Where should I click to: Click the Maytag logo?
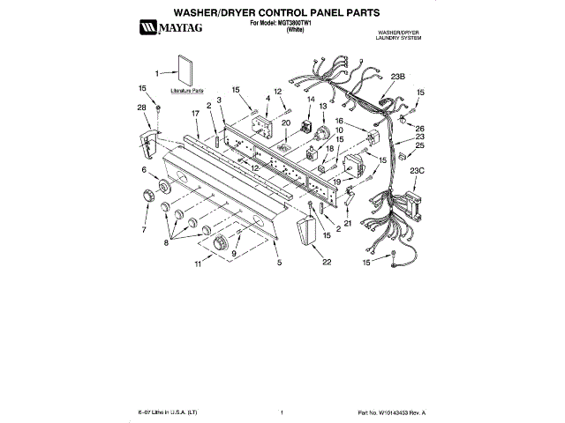point(168,31)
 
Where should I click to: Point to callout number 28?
point(141,108)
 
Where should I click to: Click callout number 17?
point(195,114)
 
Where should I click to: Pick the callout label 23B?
point(396,77)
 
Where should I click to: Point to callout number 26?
point(419,128)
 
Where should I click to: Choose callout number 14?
point(309,100)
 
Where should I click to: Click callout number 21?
point(347,224)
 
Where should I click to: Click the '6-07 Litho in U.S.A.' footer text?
point(168,412)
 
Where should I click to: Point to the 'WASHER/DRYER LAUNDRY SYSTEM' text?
point(398,35)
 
